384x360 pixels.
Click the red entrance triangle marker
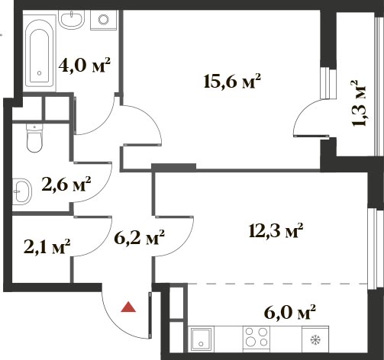(128, 307)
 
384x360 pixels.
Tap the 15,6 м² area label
(232, 82)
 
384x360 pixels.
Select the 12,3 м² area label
(276, 230)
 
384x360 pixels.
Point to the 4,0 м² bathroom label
(84, 65)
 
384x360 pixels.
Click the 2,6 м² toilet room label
(66, 184)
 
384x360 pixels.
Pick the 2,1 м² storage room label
(47, 246)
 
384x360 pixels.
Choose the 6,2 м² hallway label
(139, 237)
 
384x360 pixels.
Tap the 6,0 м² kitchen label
(290, 312)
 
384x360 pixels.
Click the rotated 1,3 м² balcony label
(359, 103)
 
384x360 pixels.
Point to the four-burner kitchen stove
(257, 337)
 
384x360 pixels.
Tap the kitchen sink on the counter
(201, 338)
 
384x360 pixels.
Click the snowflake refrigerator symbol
(315, 339)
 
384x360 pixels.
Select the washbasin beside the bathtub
(71, 19)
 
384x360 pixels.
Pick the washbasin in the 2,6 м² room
(22, 191)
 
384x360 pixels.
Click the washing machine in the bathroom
(104, 20)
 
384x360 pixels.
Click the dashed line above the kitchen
(278, 283)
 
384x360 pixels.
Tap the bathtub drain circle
(39, 73)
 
